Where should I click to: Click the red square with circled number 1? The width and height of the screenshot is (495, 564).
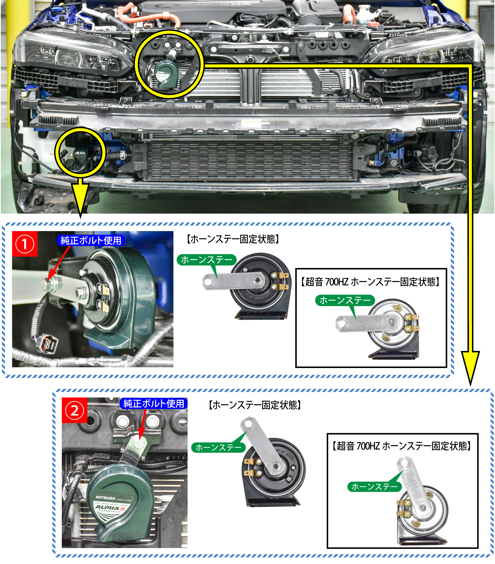pyautogui.click(x=25, y=244)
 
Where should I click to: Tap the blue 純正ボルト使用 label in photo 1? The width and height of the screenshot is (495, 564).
pyautogui.click(x=91, y=240)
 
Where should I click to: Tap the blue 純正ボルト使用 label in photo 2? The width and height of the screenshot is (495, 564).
pyautogui.click(x=154, y=404)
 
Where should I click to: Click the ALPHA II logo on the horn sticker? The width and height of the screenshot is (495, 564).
pyautogui.click(x=110, y=508)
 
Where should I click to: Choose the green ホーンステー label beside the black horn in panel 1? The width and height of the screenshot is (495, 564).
pyautogui.click(x=206, y=260)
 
